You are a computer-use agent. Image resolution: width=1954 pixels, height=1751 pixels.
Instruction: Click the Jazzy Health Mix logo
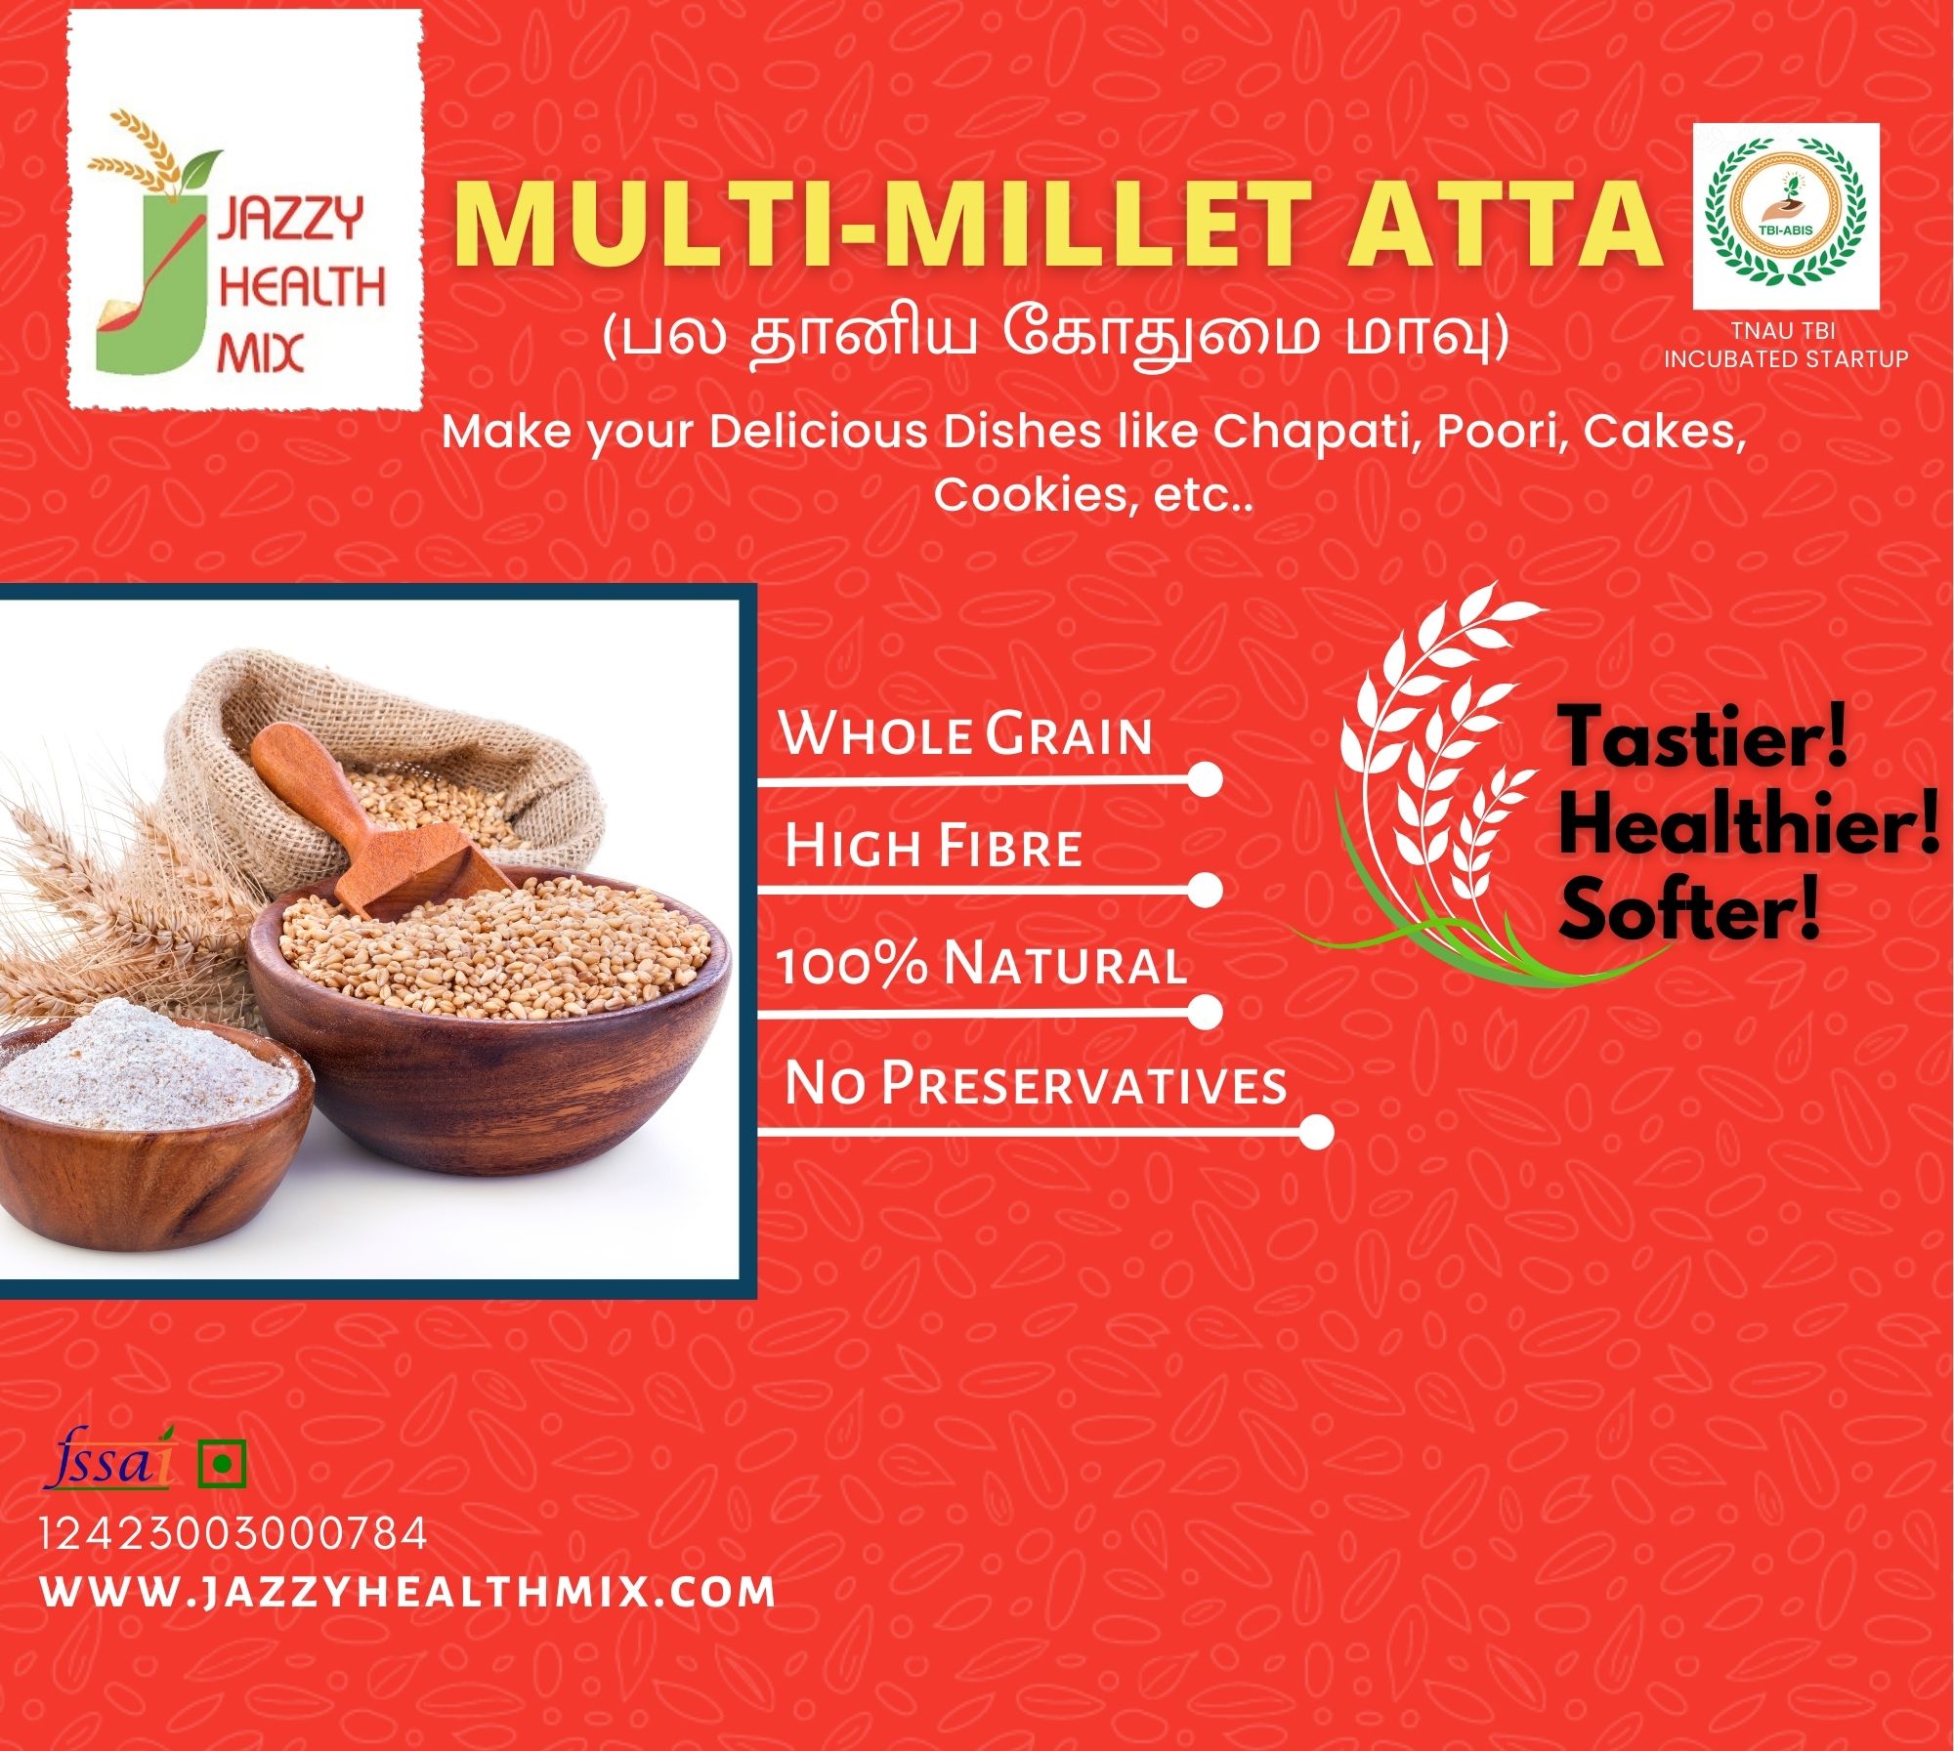(x=244, y=244)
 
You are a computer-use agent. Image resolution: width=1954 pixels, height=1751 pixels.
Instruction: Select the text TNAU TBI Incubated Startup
(x=1786, y=346)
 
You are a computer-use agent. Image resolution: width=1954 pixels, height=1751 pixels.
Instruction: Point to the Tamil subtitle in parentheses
(x=1055, y=335)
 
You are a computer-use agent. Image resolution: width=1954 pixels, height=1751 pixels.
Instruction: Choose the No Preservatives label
(x=1036, y=1083)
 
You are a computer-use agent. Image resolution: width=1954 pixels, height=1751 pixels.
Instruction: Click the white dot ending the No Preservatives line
(x=1317, y=1132)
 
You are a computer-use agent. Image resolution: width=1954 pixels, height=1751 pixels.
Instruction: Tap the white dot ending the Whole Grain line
(x=1206, y=779)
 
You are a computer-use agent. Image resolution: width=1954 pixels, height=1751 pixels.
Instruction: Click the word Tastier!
(x=1702, y=737)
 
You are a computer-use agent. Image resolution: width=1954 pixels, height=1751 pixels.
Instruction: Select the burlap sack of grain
(x=381, y=771)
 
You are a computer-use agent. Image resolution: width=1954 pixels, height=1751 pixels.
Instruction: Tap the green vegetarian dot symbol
(x=222, y=1463)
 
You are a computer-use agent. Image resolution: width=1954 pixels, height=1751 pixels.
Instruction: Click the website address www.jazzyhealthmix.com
(x=408, y=1591)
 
